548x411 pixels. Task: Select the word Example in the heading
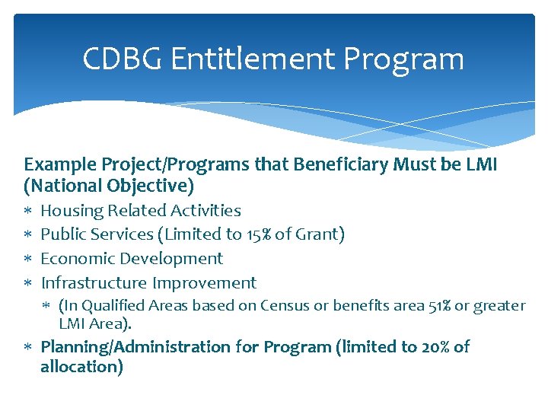click(56, 164)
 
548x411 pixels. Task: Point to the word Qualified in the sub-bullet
click(111, 306)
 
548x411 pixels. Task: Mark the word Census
click(285, 306)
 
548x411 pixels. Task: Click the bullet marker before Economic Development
click(27, 260)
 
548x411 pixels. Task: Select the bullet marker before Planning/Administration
click(27, 348)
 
